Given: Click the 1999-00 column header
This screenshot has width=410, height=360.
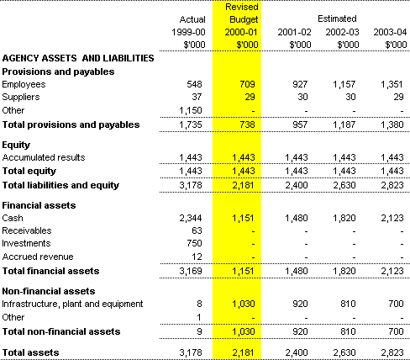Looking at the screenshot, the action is (x=188, y=32).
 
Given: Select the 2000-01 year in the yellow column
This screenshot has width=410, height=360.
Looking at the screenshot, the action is (x=241, y=32).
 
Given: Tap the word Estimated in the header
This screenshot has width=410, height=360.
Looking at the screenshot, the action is (x=337, y=19).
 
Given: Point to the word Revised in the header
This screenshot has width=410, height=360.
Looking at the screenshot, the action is (x=242, y=7).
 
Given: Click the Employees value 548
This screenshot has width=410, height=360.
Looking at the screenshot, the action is (x=194, y=84).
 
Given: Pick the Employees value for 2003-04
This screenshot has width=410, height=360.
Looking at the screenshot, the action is (x=392, y=84).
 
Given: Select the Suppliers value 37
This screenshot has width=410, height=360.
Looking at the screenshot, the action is (x=197, y=97).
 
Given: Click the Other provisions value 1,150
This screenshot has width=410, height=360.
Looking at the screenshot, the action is (x=191, y=110).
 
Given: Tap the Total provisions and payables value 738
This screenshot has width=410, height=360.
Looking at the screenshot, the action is (x=247, y=124).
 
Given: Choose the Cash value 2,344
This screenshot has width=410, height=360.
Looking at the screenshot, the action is (x=191, y=218).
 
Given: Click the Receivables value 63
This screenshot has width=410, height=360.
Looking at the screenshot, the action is (x=197, y=230).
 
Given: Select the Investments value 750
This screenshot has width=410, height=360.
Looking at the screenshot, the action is (x=194, y=243).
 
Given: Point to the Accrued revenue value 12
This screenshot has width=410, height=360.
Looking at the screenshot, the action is (x=197, y=257).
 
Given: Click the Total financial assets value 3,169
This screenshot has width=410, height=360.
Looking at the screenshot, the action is (x=191, y=271).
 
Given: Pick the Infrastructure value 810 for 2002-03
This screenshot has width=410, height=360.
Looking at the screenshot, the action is (x=348, y=304).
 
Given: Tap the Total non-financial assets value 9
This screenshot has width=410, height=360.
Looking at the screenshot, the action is (x=199, y=331).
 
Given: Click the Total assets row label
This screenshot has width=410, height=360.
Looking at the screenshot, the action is (x=30, y=352).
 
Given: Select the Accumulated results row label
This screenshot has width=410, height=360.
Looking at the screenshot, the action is (x=44, y=157).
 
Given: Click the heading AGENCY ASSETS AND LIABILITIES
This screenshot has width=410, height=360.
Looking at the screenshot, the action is (x=78, y=58).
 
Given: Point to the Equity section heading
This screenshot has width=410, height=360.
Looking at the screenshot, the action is (x=16, y=145).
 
